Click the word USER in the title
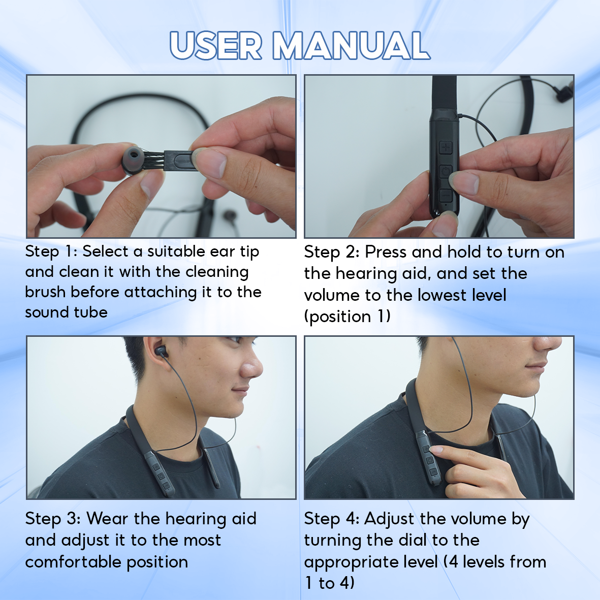[x=216, y=45]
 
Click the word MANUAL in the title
[x=351, y=45]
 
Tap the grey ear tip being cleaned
[x=133, y=158]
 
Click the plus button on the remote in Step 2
[x=446, y=147]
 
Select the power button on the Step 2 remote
[x=445, y=172]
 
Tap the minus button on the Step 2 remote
[x=445, y=196]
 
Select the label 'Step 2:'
[x=332, y=252]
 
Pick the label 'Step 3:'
[x=53, y=519]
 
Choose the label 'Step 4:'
[x=332, y=519]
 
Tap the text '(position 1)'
[x=348, y=317]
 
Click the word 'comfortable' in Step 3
[x=73, y=562]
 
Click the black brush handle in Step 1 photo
[x=179, y=161]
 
